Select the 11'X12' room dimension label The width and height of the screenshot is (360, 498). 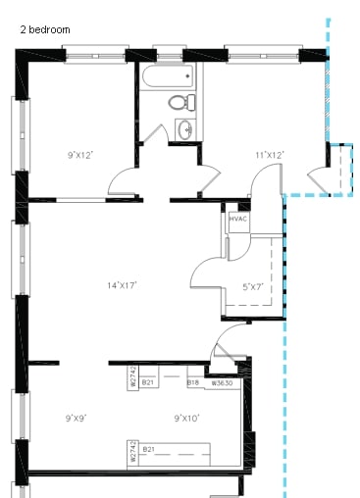[269, 154]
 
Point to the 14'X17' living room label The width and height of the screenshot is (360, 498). [122, 285]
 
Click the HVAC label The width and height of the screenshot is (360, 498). [238, 220]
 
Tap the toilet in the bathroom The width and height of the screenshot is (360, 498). [178, 102]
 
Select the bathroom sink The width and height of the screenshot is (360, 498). [184, 127]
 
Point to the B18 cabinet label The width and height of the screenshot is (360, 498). [194, 382]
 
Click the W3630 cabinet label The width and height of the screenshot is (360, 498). [221, 382]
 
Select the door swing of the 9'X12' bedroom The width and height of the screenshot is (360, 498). [126, 179]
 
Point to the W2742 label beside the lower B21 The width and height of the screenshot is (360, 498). [131, 453]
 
